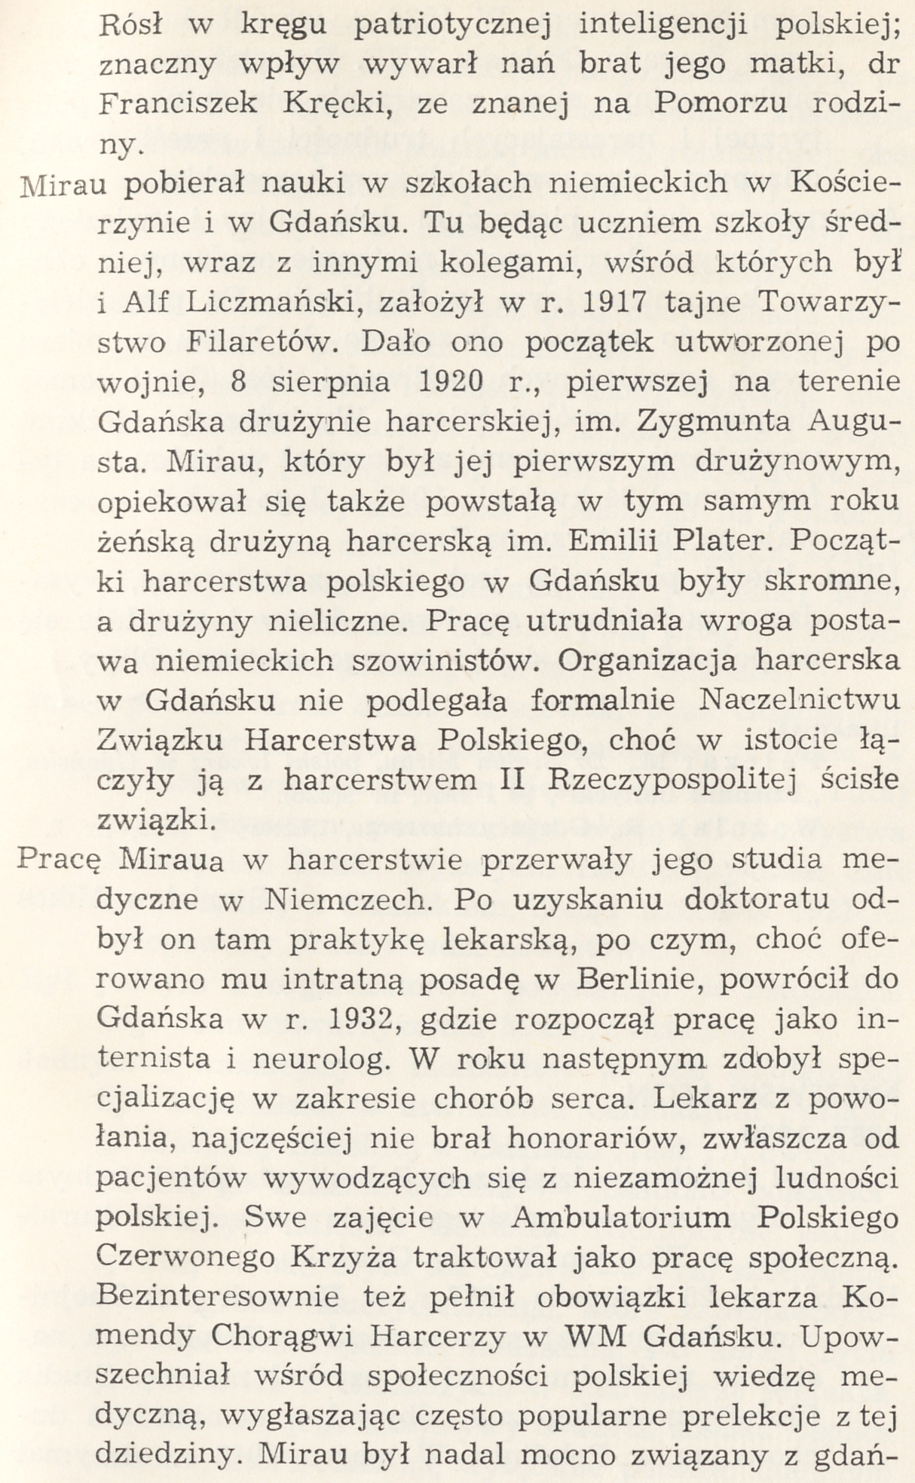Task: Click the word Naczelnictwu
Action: coord(800,700)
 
